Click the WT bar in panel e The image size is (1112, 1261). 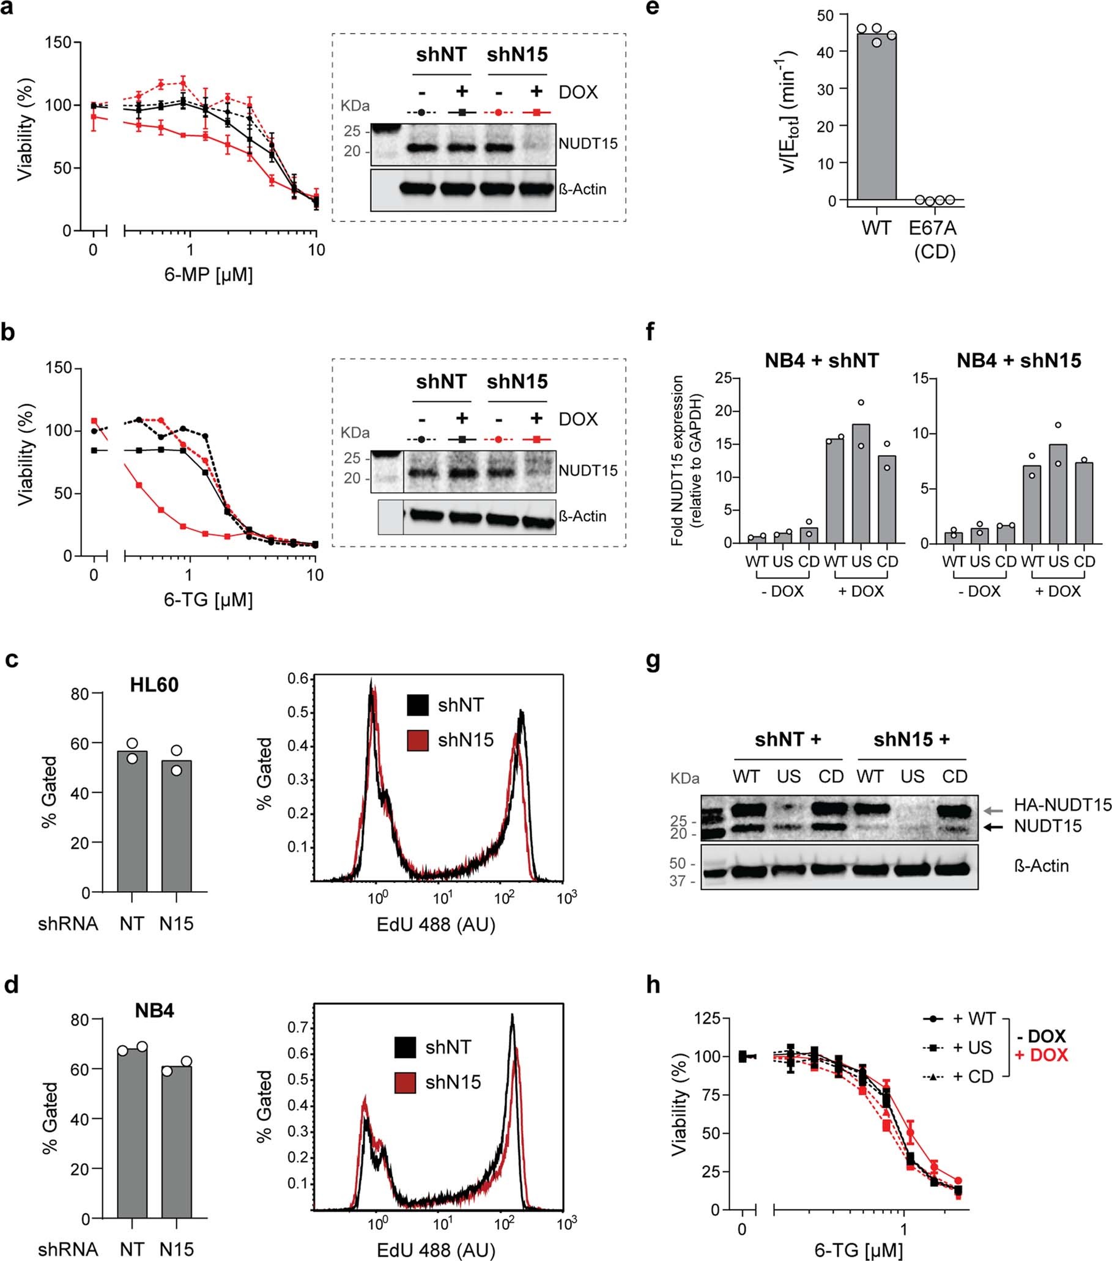click(x=877, y=117)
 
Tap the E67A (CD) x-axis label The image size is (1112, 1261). click(x=933, y=239)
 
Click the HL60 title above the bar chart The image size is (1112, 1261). click(x=154, y=684)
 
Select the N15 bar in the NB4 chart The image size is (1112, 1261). click(x=177, y=1141)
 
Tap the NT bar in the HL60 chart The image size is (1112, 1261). click(x=132, y=821)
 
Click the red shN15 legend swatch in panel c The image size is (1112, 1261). click(x=418, y=740)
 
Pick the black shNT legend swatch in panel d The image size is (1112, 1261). click(x=405, y=1047)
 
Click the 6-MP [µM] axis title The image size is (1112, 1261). click(x=209, y=274)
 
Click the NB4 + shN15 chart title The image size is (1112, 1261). click(x=1018, y=360)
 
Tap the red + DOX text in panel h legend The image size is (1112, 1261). click(x=1041, y=1055)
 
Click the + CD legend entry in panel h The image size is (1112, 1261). click(x=973, y=1076)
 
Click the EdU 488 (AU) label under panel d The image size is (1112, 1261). click(x=436, y=1250)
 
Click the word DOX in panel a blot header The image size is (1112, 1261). click(x=578, y=92)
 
